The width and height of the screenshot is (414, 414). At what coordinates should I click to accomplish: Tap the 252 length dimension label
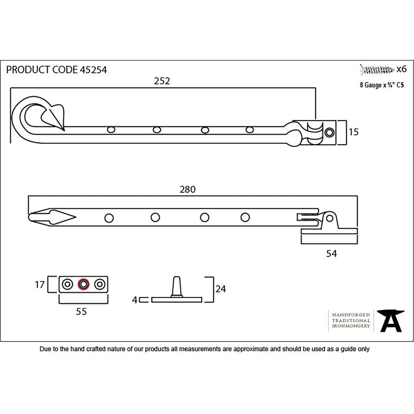(x=162, y=81)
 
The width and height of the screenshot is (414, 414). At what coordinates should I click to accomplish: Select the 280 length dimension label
(x=187, y=190)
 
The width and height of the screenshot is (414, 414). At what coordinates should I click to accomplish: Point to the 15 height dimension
(x=353, y=132)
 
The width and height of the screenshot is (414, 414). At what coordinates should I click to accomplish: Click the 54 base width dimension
(x=331, y=254)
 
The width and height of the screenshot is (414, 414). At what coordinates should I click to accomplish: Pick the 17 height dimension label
(x=40, y=285)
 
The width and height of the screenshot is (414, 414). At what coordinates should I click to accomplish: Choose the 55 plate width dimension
(x=82, y=312)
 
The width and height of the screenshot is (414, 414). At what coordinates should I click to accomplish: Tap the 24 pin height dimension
(x=221, y=289)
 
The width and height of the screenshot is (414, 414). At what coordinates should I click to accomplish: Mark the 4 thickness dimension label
(x=134, y=300)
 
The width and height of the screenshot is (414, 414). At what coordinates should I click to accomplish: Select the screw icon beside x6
(x=377, y=69)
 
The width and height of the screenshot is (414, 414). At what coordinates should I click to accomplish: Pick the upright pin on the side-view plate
(x=176, y=286)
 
